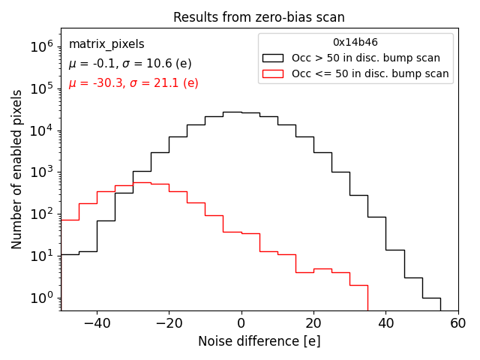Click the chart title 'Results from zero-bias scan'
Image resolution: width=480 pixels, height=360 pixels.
[x=259, y=17]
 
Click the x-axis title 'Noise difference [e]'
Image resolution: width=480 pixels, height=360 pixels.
[x=259, y=341]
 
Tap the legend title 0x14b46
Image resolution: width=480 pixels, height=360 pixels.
[x=355, y=43]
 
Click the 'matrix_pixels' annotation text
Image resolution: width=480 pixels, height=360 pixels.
[x=106, y=44]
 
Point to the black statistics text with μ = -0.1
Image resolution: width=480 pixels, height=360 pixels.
[x=130, y=64]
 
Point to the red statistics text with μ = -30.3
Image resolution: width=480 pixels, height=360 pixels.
[x=133, y=83]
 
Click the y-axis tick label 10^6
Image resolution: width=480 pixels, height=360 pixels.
[x=42, y=46]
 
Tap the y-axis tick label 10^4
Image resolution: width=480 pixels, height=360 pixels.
[x=42, y=130]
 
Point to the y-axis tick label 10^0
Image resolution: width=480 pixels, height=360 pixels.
[x=42, y=298]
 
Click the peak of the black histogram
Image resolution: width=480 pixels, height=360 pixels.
[x=232, y=112]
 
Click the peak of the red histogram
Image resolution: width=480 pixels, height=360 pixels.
[x=142, y=182]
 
